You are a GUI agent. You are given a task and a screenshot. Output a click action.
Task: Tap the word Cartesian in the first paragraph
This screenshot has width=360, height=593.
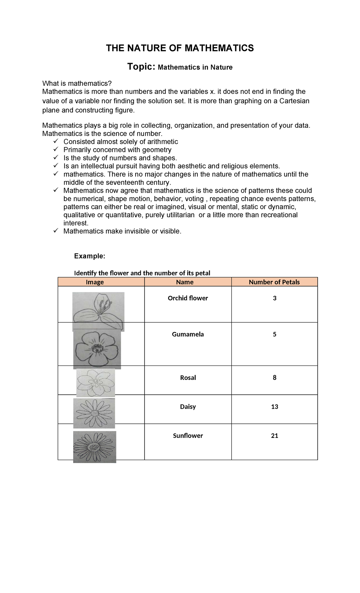point(294,101)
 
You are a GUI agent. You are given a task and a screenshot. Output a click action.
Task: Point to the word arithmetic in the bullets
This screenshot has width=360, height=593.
point(162,142)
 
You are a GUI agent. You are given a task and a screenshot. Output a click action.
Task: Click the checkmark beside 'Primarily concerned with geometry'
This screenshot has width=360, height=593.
point(56,149)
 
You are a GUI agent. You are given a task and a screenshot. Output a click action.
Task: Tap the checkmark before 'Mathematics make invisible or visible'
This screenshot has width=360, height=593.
point(56,231)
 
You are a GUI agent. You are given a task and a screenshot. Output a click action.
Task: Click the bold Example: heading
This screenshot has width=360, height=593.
point(90,256)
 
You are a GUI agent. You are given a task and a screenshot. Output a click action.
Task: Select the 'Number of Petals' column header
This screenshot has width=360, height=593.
point(274,282)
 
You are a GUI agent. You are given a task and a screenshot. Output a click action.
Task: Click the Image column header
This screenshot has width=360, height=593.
point(95,282)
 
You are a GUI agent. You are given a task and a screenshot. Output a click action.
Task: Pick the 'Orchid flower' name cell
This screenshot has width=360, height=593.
point(188,298)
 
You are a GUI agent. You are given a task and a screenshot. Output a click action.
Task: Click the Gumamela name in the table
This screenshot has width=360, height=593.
point(188,334)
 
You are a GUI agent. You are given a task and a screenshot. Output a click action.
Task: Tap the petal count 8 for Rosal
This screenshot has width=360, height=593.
point(274,378)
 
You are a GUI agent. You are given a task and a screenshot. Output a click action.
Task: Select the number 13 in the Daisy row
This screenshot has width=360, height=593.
point(274,407)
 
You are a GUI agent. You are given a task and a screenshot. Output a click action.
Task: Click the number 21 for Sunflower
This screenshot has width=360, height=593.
point(274,436)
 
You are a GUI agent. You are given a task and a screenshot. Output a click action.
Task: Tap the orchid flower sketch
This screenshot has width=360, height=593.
point(98,311)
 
